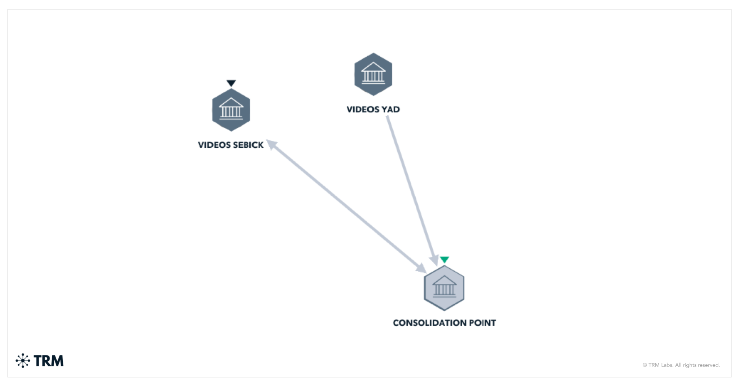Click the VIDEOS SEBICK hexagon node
[x=231, y=110]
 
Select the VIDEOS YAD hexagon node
[x=373, y=74]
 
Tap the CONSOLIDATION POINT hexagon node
[x=444, y=288]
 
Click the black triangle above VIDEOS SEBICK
[x=231, y=83]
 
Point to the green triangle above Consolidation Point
[x=444, y=260]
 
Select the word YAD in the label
[x=391, y=109]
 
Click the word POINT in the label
[x=482, y=323]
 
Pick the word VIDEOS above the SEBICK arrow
[x=214, y=145]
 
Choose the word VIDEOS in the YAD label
[x=363, y=109]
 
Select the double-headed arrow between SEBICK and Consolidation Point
[x=346, y=206]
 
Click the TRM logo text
[x=48, y=361]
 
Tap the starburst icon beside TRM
[x=23, y=361]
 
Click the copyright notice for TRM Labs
[x=681, y=365]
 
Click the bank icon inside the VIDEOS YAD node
[x=373, y=73]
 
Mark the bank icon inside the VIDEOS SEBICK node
[x=231, y=109]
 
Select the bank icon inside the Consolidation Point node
[x=444, y=287]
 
